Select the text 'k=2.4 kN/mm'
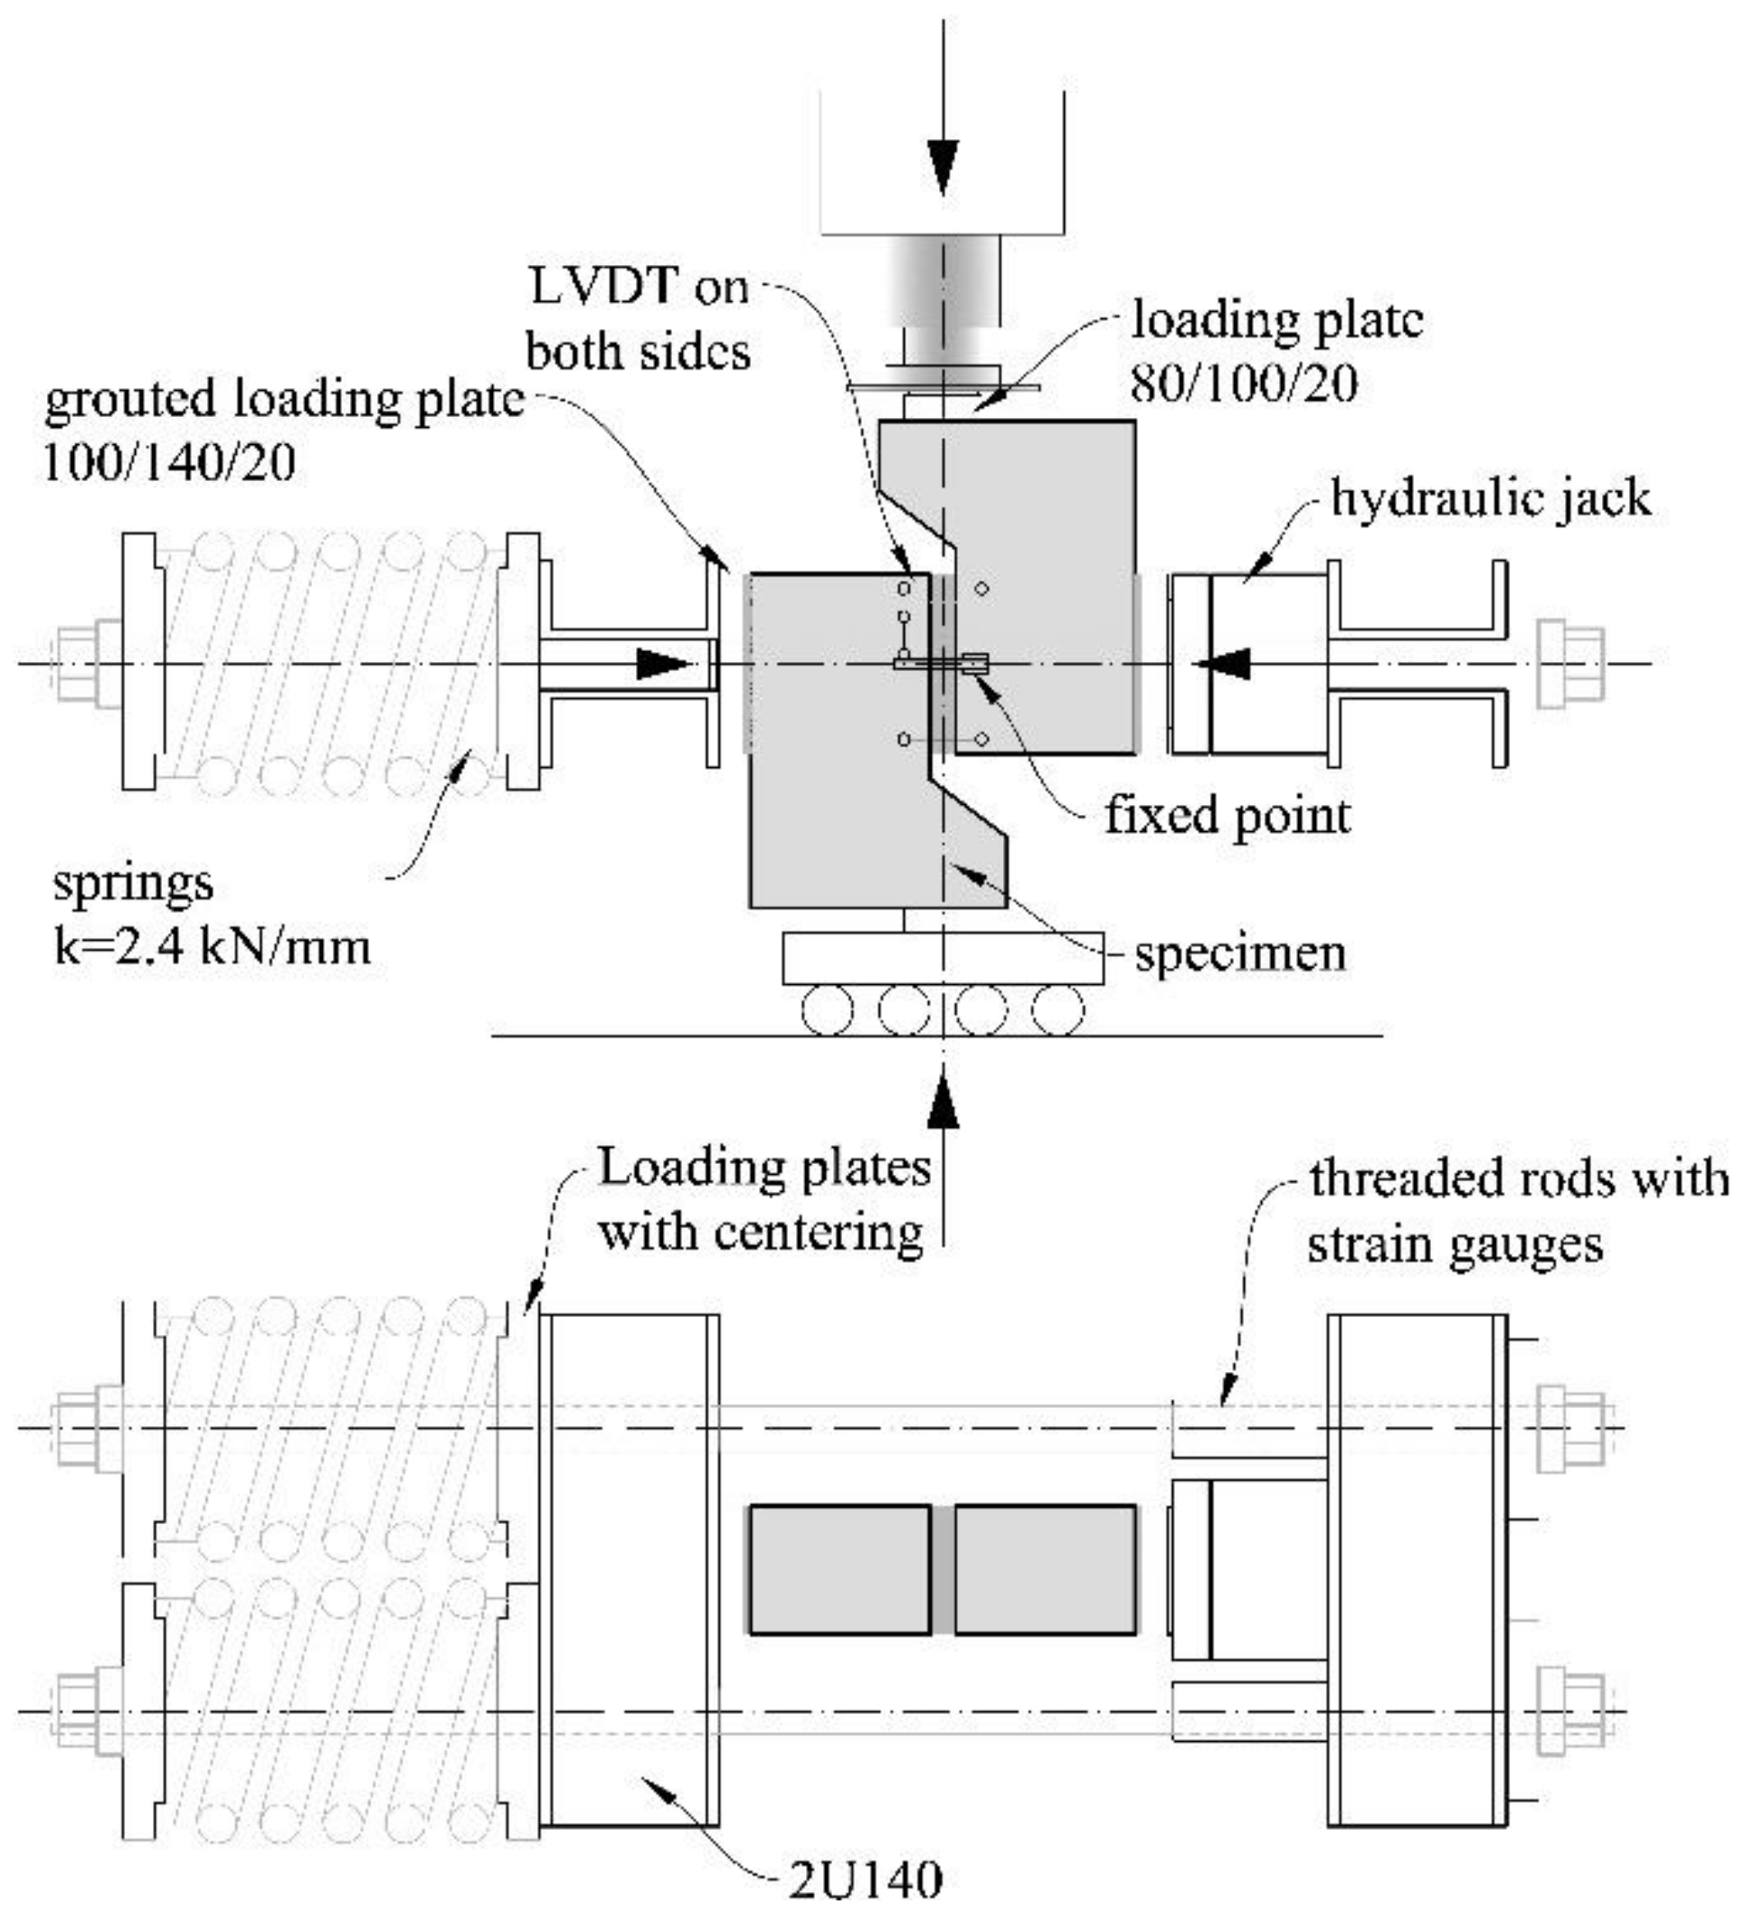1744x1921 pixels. click(x=212, y=947)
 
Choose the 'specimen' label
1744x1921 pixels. click(x=1240, y=952)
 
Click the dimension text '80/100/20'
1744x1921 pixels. click(x=1244, y=384)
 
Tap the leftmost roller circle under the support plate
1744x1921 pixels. click(x=827, y=1009)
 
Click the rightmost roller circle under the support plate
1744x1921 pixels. click(x=1057, y=1009)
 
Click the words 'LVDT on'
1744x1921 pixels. click(x=639, y=288)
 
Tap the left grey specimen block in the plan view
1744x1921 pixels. click(x=839, y=1568)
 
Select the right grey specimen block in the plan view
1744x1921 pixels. click(x=1046, y=1568)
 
